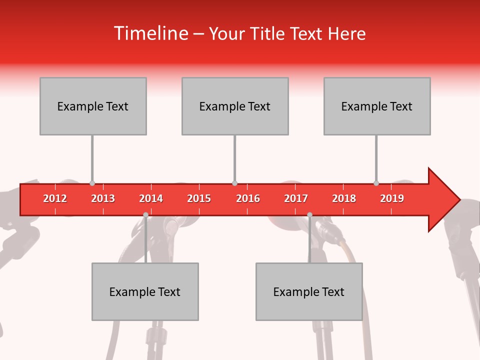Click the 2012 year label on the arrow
55,198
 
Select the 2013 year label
103,198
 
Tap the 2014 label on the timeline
151,198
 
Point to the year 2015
199,198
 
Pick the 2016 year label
248,198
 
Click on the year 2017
296,198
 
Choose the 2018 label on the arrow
344,198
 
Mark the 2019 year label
392,198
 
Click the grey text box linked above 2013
93,106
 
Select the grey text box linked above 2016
235,106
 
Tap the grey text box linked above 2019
377,106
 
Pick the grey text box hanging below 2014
145,291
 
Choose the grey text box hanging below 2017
309,291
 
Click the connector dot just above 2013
92,183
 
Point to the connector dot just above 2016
234,183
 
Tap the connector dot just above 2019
376,183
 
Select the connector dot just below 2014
145,214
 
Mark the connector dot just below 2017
309,214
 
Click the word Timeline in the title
151,33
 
